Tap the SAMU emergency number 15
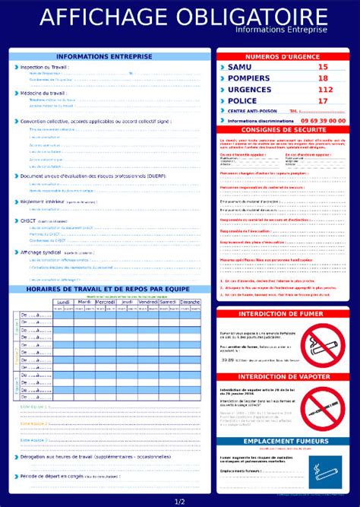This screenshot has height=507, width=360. (323, 67)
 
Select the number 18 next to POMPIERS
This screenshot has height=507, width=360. (323, 78)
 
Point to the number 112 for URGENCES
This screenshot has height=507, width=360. (325, 90)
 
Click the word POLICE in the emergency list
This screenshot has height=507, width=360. (242, 101)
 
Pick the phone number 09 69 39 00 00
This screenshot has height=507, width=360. (323, 120)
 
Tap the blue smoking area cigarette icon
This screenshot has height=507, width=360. (323, 471)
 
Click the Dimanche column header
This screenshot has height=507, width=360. (190, 302)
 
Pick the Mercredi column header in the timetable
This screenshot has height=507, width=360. (106, 302)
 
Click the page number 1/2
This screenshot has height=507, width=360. (180, 502)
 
